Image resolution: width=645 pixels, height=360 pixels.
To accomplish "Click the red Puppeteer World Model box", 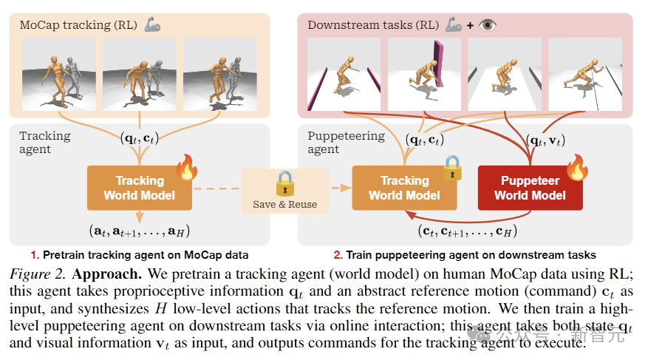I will pos(530,188).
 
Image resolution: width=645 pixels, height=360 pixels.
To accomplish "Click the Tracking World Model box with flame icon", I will pos(139,188).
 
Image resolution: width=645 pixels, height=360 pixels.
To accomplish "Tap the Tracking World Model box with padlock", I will pos(404,188).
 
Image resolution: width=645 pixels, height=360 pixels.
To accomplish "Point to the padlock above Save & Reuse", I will pos(284,181).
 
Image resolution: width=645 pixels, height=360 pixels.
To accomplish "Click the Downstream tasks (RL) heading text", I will pos(373,24).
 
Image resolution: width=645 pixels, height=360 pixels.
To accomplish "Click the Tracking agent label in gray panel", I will pos(45,142).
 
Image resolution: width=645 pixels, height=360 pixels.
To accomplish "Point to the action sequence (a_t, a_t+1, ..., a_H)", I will pos(139,231).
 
